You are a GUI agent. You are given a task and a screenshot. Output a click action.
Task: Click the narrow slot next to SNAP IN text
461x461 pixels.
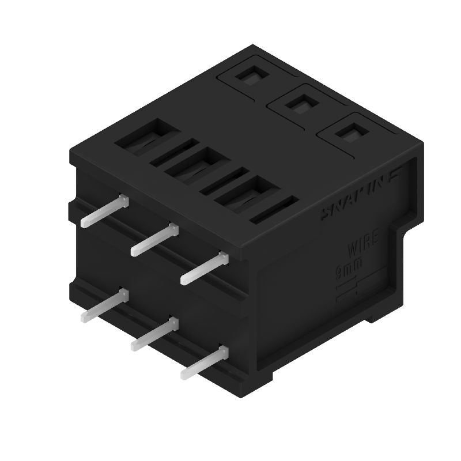point(275,210)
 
